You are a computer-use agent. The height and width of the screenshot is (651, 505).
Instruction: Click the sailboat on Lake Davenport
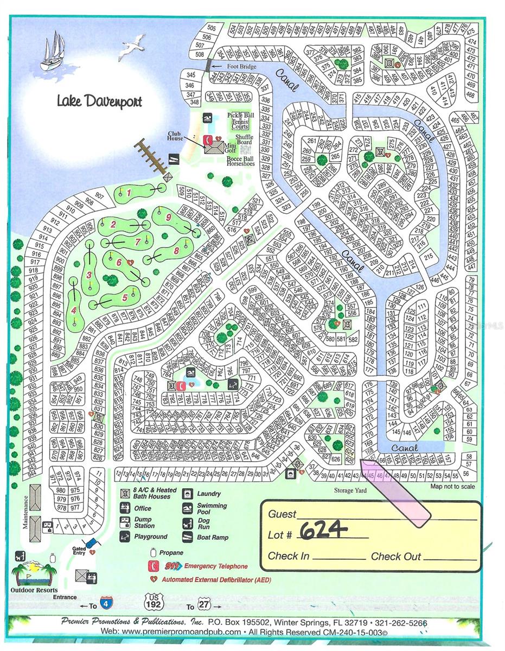click(53, 52)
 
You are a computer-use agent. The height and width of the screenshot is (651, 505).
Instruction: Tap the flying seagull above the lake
click(132, 46)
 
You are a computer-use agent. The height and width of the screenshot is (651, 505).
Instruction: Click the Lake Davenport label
click(99, 101)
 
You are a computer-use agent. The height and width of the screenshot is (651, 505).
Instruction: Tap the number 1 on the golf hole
click(129, 192)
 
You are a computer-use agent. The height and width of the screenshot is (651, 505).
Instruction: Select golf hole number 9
click(169, 217)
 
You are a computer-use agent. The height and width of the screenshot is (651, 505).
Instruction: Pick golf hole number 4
click(74, 310)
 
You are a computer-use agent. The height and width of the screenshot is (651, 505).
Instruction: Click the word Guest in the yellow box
click(283, 514)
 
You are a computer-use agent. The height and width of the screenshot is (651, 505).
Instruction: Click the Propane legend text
click(171, 553)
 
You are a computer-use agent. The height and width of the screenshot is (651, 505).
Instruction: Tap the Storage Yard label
click(351, 491)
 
